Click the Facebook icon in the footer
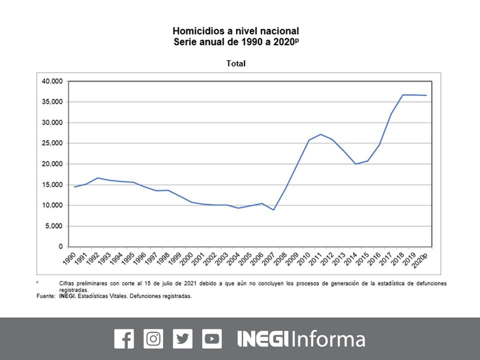pos(124,338)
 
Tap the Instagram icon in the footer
pos(153,338)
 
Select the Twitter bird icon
pos(182,338)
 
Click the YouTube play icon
pos(212,338)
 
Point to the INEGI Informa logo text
pos(301,338)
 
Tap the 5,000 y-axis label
pos(53,226)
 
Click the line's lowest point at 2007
pos(273,210)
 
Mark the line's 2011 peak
pos(320,134)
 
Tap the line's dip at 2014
pos(355,164)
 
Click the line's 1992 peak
pos(98,178)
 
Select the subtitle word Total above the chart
pos(236,63)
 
